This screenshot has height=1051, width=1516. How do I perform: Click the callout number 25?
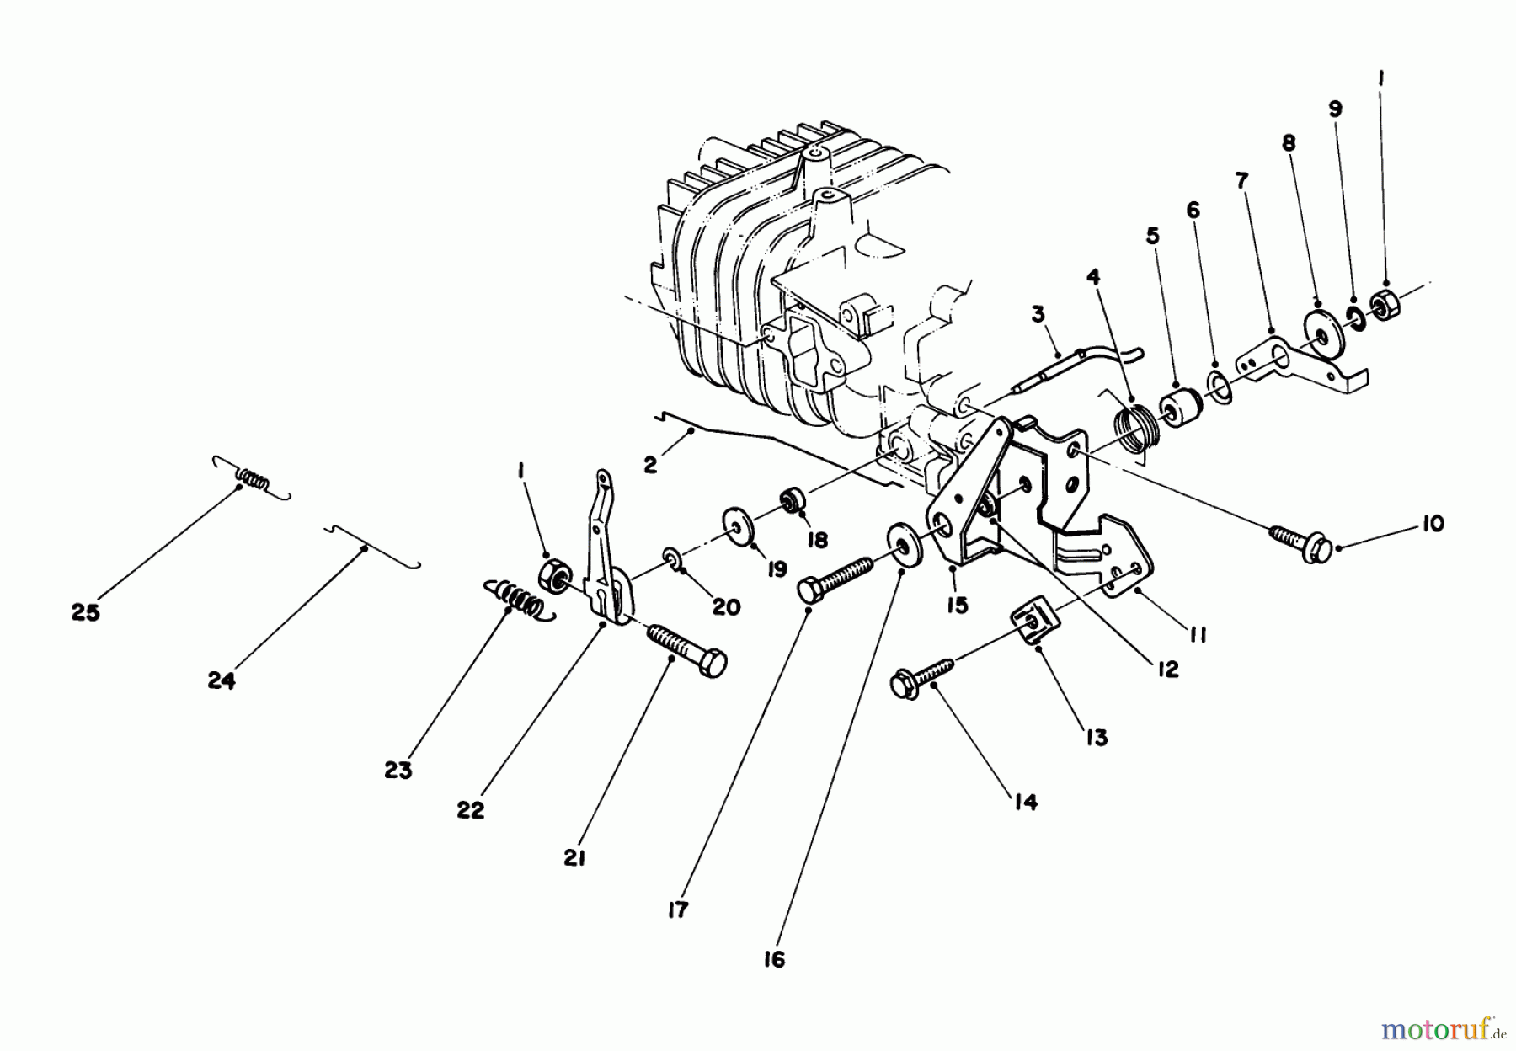[86, 612]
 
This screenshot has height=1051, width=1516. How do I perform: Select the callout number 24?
[222, 680]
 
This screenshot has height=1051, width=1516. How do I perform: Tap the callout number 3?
[1038, 314]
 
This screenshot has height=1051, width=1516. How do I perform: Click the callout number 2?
[649, 464]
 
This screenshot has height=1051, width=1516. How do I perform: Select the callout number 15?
[957, 605]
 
